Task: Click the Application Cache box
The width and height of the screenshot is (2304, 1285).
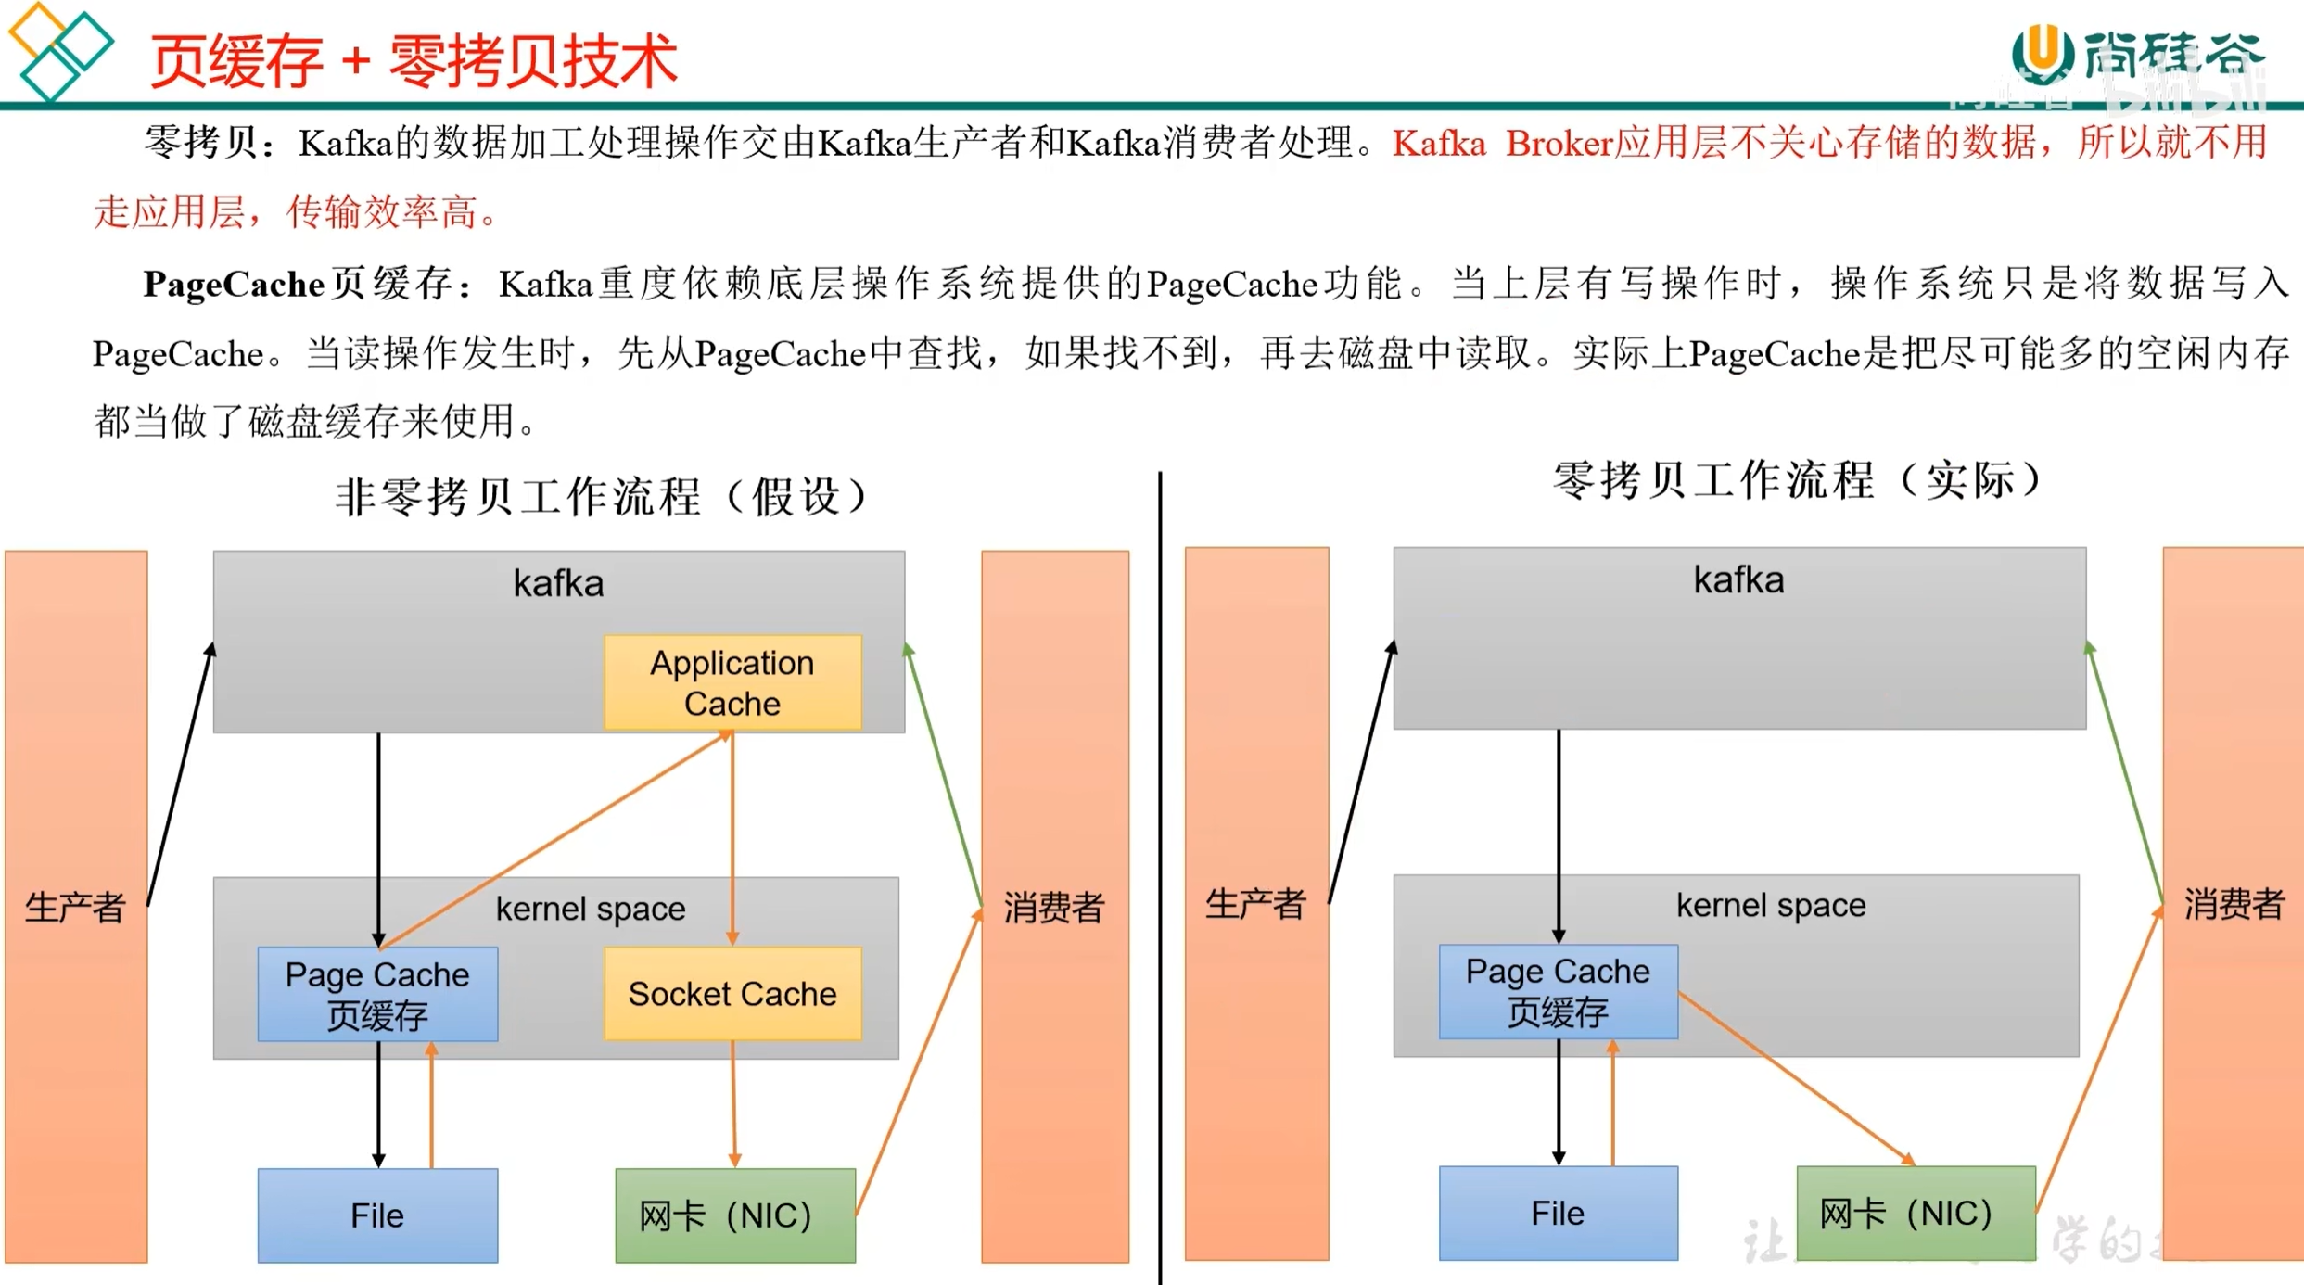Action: pos(732,682)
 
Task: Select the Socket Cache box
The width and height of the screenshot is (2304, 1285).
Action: pos(732,993)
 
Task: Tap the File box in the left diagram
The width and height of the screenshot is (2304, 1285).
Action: pos(377,1215)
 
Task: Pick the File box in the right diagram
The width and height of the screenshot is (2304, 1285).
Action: pos(1558,1213)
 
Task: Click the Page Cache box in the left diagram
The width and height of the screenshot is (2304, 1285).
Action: pos(377,993)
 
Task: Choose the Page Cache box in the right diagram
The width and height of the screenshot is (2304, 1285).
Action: pos(1558,990)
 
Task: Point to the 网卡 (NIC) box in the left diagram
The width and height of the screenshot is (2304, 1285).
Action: pos(734,1215)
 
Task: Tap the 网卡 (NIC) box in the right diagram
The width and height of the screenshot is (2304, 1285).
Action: pos(1915,1213)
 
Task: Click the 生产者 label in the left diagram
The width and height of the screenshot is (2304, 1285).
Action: pos(75,907)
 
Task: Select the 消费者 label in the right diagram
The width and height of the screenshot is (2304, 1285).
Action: pos(2233,904)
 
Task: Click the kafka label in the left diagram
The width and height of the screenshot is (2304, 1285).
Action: pos(558,583)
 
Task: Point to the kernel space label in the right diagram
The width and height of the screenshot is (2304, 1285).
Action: pos(1770,905)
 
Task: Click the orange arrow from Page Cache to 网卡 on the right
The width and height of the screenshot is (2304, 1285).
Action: pos(1794,1077)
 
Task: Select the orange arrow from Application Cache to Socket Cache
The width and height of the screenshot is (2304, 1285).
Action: pos(732,834)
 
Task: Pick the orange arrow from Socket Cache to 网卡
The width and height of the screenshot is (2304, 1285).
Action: pos(733,1103)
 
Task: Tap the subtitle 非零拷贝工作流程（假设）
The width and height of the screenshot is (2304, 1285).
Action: pos(603,496)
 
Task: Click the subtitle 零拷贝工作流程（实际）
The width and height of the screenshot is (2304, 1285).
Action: pos(1799,480)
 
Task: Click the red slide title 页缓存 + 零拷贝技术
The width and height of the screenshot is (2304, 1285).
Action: pos(414,61)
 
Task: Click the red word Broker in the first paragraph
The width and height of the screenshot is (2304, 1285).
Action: pos(1559,144)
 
